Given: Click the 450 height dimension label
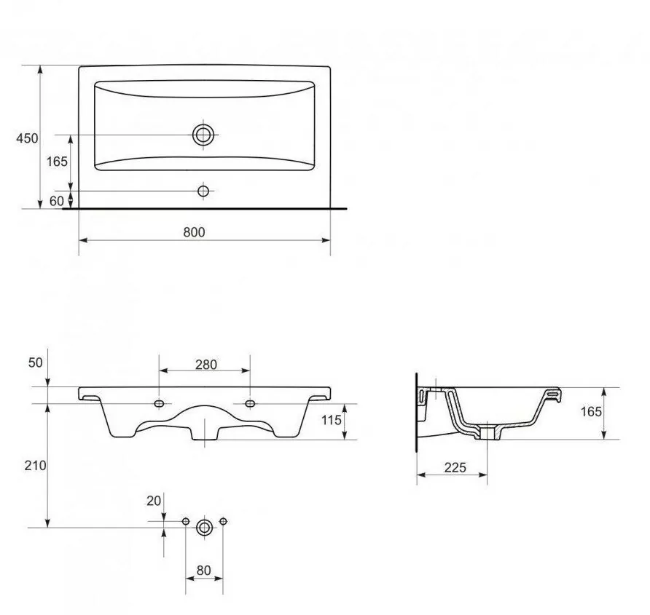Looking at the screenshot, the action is (27, 138).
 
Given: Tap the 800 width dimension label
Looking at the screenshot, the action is (194, 232).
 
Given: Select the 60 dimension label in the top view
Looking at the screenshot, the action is (57, 201).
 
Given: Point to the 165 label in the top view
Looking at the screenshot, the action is (57, 161).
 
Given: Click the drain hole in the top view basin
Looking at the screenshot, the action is (203, 135).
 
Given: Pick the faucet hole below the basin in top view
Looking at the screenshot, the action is (203, 191).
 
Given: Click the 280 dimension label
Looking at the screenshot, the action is (206, 365).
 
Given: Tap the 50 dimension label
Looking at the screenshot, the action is (35, 362).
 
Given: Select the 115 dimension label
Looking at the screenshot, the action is (332, 420).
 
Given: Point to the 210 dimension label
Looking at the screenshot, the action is (35, 466).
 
